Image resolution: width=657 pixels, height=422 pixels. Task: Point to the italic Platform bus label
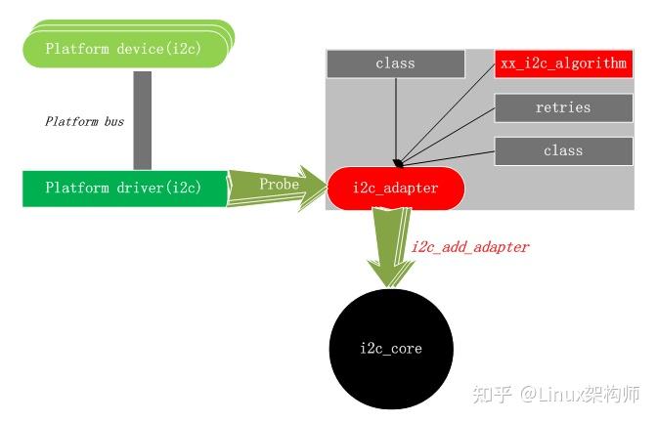[x=84, y=122]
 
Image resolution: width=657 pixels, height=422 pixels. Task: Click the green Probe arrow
[x=278, y=187]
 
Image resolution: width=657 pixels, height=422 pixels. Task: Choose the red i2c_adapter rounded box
[x=395, y=189]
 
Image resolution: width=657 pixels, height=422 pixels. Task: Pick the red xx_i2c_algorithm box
[x=562, y=63]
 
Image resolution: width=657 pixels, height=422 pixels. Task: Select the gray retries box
[x=562, y=107]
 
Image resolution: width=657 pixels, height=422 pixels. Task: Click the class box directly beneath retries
[x=562, y=150]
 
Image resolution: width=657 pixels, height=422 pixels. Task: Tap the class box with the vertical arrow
[x=395, y=63]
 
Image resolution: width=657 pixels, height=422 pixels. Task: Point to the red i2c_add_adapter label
[x=469, y=247]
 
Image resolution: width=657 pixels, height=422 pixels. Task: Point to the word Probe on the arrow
[x=279, y=184]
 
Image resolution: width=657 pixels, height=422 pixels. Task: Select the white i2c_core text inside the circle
[x=391, y=349]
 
